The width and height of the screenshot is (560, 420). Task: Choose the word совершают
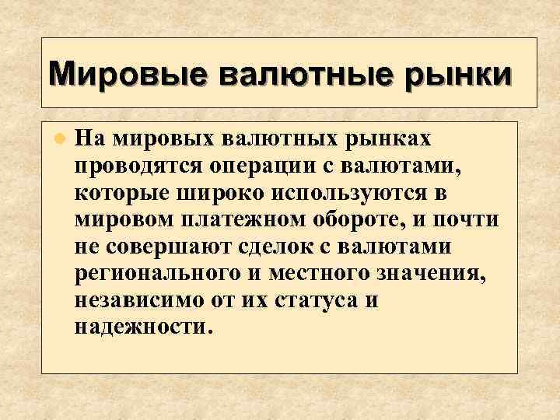point(167,247)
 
